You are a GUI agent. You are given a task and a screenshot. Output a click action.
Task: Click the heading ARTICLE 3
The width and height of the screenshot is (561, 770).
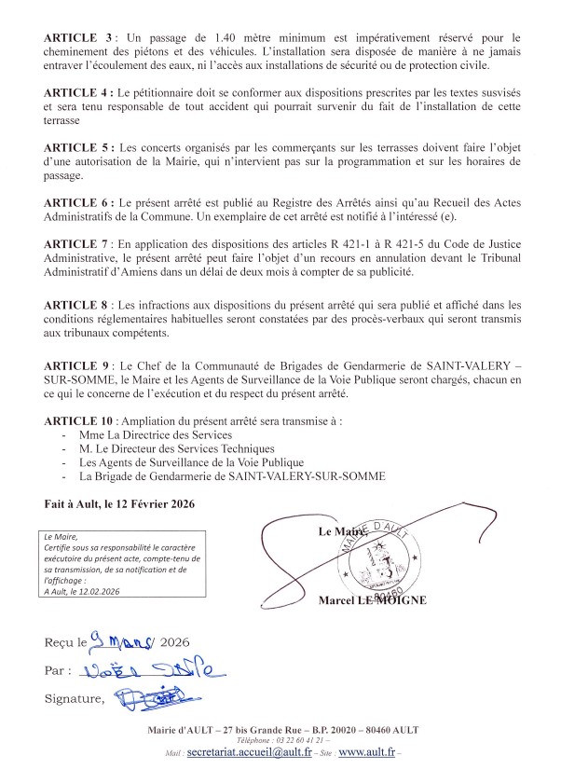coord(75,34)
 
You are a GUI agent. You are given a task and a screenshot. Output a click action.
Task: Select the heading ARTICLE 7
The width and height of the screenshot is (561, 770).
coord(75,243)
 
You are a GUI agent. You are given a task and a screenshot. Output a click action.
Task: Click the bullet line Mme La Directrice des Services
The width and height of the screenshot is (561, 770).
coord(154,434)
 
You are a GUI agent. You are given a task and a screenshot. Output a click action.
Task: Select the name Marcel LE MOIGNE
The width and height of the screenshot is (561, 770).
coord(372,600)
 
